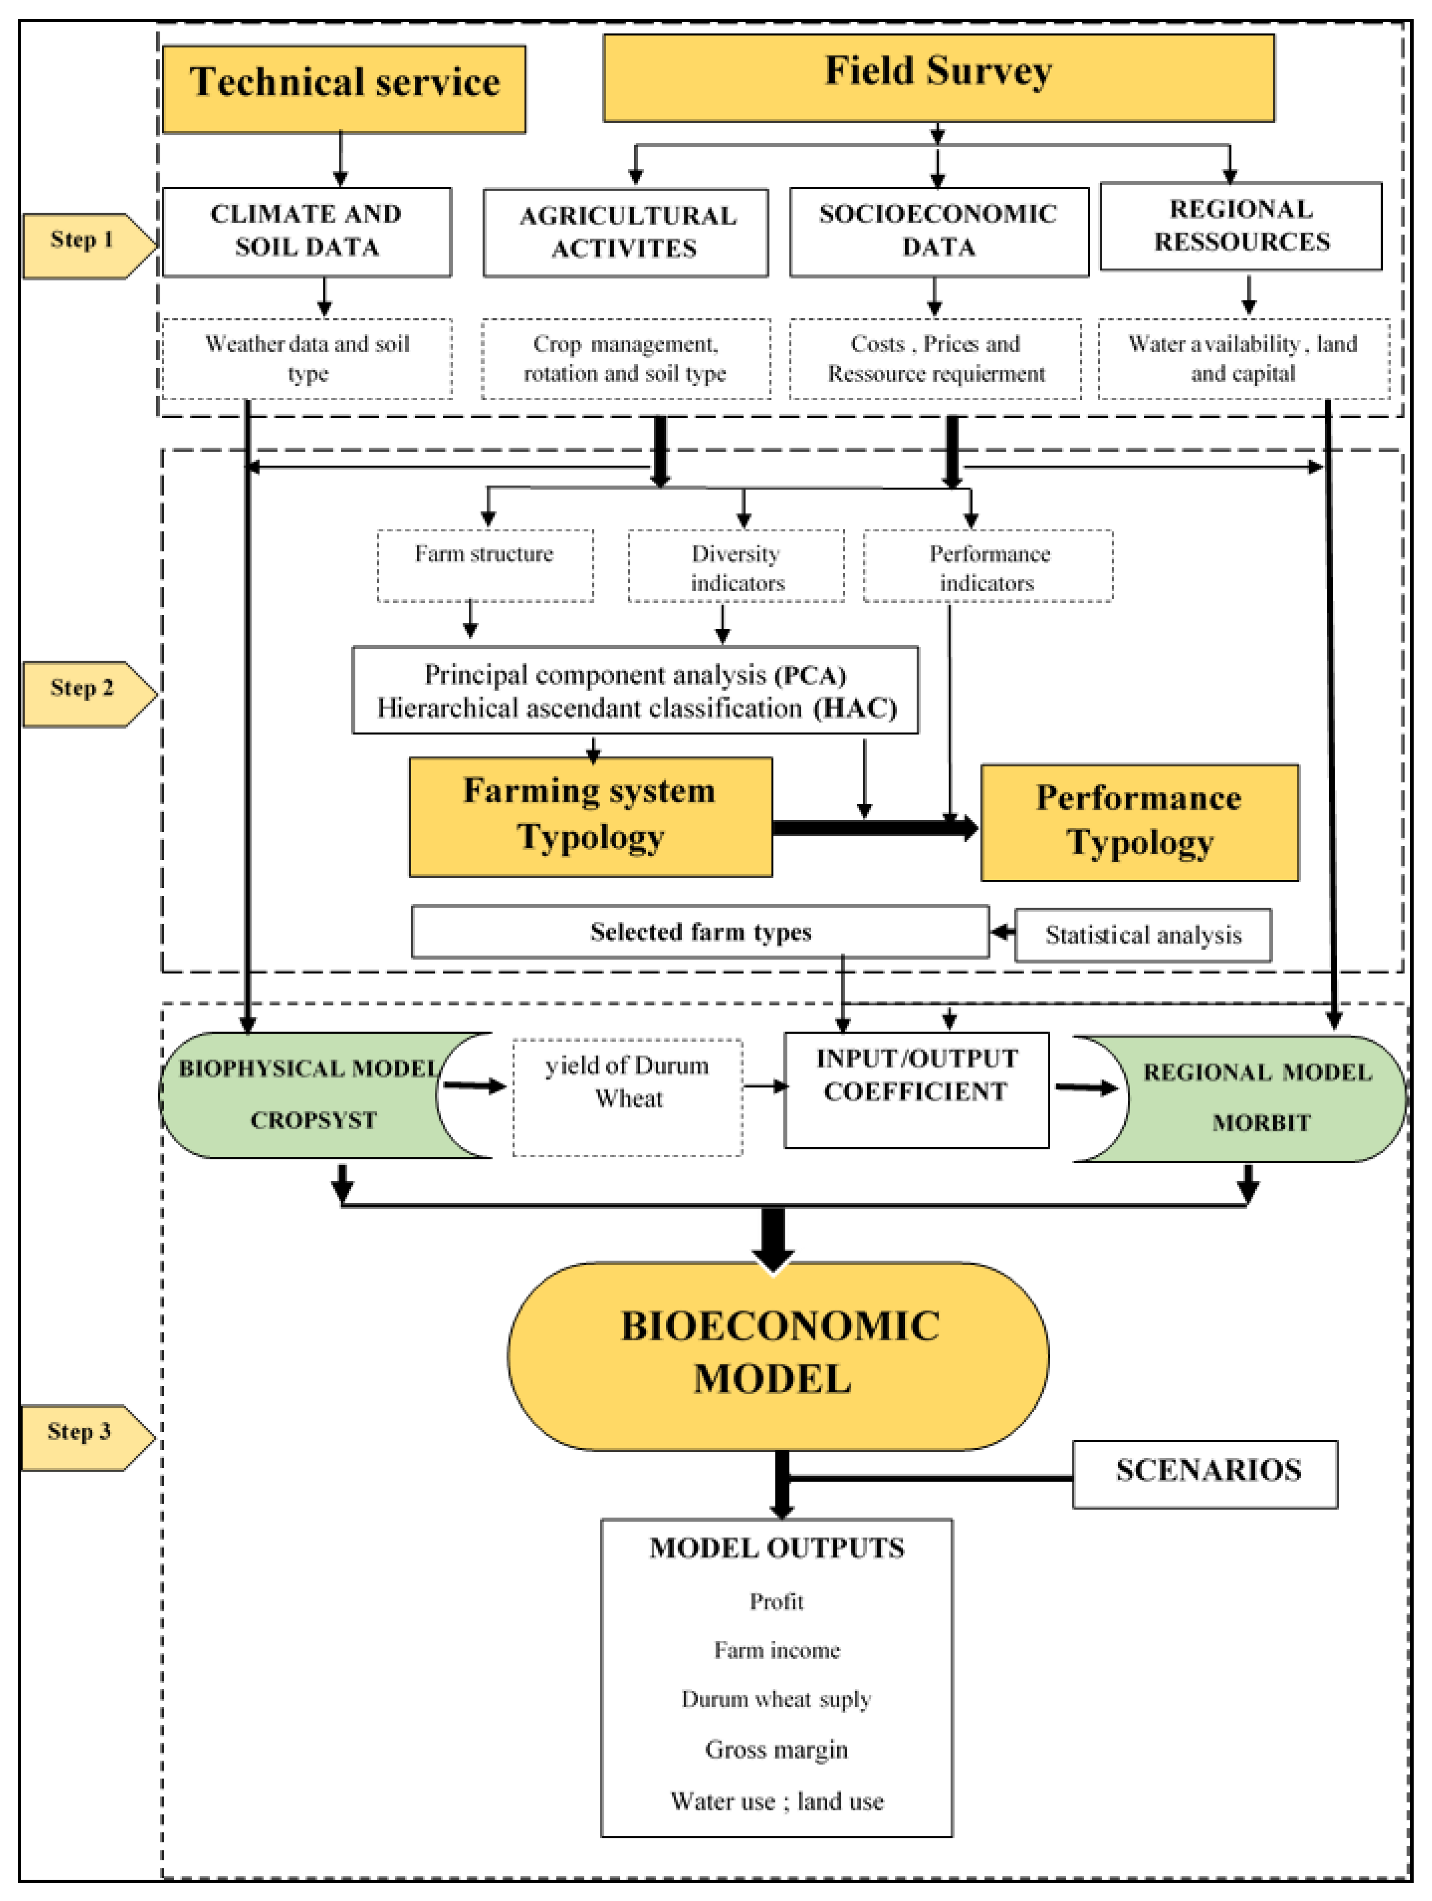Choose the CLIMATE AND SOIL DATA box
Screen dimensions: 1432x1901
point(307,232)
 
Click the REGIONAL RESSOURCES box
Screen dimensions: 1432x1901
point(1241,226)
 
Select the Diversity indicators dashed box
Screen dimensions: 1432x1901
point(736,567)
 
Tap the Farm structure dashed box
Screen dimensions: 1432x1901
point(485,567)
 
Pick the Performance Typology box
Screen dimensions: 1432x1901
point(1140,823)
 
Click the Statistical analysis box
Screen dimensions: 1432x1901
point(1143,935)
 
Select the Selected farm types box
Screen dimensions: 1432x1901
point(700,932)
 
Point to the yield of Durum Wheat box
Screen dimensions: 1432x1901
point(628,1098)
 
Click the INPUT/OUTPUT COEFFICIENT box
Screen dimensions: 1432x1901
point(917,1090)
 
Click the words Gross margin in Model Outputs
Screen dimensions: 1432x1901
point(777,1750)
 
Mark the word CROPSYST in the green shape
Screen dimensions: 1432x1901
point(314,1121)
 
